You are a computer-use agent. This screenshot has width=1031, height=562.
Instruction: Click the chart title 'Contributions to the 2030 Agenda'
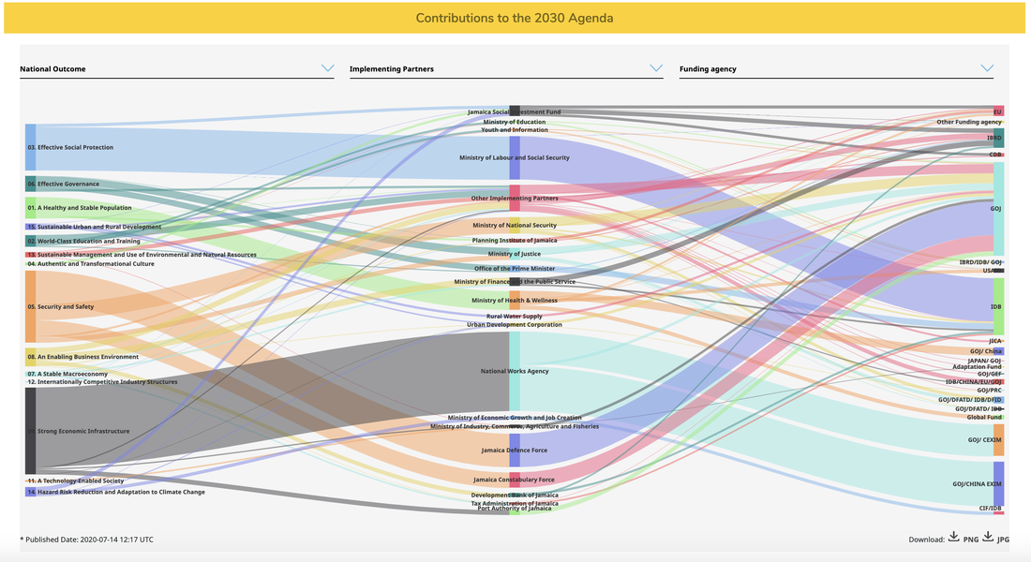[515, 18]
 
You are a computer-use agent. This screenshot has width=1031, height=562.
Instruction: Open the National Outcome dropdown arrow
[327, 68]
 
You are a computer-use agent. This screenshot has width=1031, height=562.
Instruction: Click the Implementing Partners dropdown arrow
[656, 68]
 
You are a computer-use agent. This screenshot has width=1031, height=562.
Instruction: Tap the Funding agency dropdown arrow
[986, 68]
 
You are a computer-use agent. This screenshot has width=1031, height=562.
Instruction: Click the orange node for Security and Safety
[30, 306]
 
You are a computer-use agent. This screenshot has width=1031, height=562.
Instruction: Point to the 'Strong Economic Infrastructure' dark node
[30, 431]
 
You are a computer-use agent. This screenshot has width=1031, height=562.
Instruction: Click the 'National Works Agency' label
[514, 371]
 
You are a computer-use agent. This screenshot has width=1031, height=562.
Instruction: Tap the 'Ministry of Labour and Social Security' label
[514, 158]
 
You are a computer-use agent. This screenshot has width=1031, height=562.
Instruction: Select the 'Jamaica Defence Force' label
[514, 451]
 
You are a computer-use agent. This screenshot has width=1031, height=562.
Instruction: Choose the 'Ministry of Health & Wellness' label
[514, 301]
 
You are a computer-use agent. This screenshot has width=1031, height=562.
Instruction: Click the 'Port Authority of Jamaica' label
[514, 509]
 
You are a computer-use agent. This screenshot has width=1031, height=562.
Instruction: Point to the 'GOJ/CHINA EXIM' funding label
[977, 484]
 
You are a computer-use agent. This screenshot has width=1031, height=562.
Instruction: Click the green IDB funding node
[998, 306]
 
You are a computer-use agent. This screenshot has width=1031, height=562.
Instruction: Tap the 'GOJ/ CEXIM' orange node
[998, 439]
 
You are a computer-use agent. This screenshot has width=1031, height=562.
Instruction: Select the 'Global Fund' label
[984, 417]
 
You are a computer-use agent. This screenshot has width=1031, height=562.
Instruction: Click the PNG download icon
[953, 538]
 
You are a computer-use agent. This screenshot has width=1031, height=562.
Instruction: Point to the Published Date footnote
[86, 540]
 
